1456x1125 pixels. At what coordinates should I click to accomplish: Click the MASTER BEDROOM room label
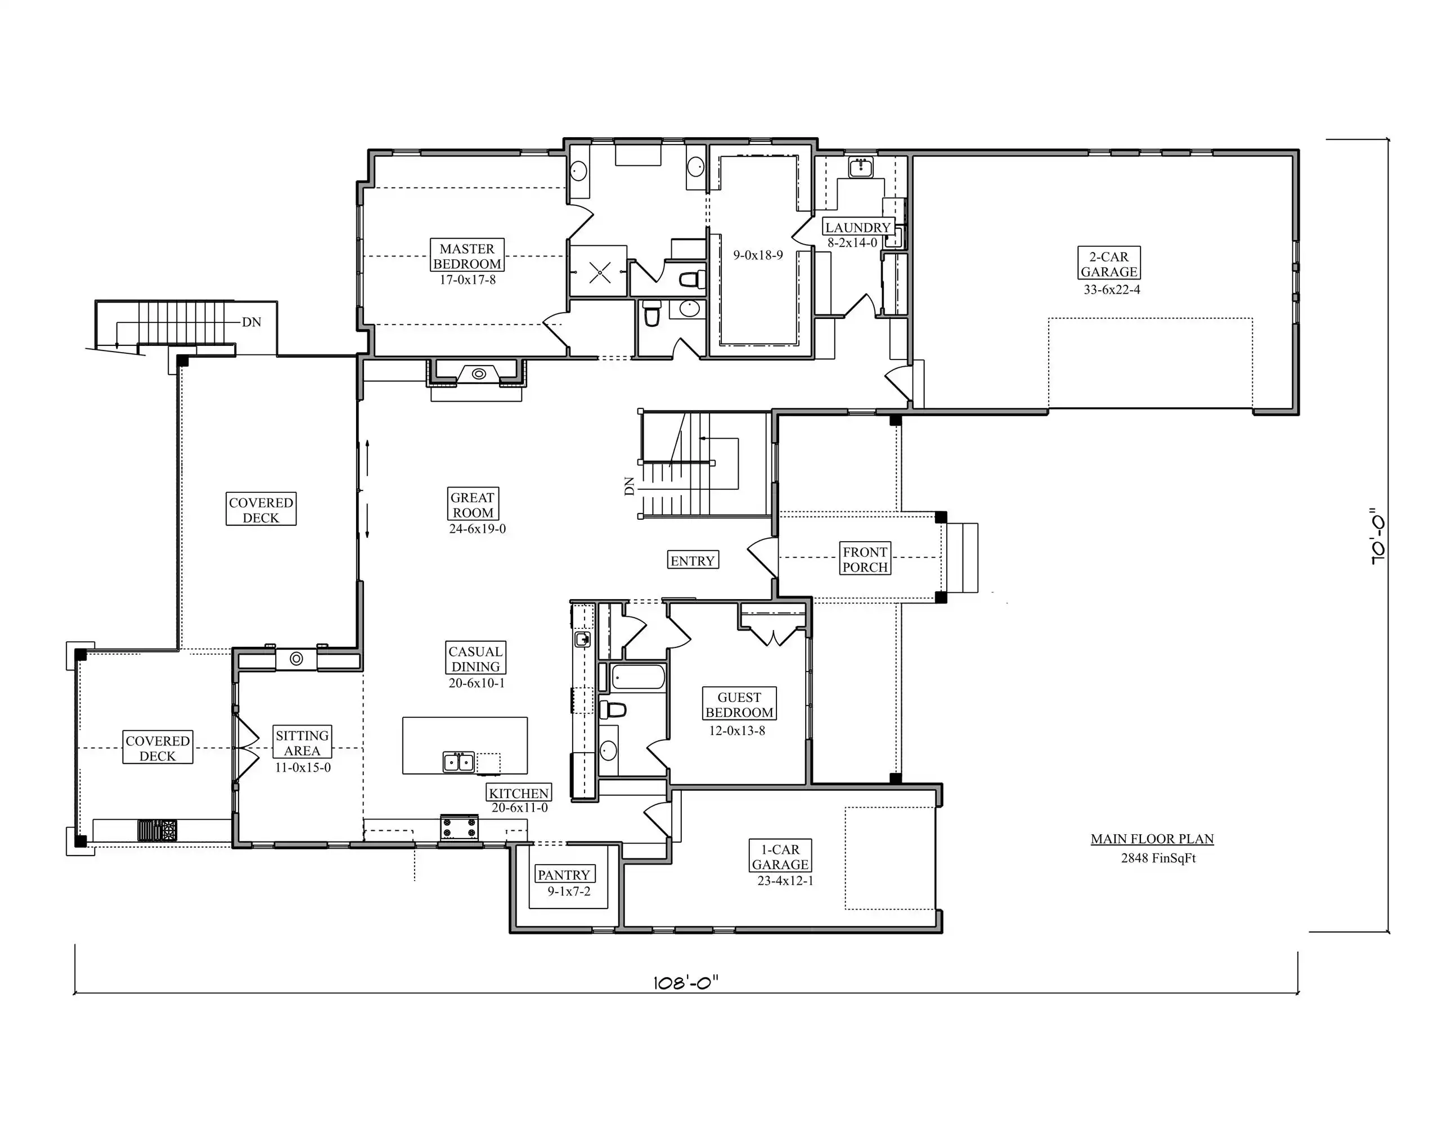tap(466, 256)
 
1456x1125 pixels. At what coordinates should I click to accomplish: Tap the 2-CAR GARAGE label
tap(1109, 264)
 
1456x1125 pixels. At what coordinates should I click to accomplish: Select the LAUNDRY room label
tap(857, 227)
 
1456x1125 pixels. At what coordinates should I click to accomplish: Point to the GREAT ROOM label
tap(473, 505)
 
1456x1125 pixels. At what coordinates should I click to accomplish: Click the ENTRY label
tap(693, 560)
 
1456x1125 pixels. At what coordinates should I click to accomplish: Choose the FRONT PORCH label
tap(865, 559)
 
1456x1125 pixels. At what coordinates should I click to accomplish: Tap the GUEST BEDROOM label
tap(739, 704)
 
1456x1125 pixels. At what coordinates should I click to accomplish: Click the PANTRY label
tap(564, 875)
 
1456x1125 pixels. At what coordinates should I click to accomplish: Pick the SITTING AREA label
tap(302, 742)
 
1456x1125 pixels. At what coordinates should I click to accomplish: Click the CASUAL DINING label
tap(475, 659)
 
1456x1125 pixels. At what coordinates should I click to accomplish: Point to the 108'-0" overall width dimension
tap(686, 982)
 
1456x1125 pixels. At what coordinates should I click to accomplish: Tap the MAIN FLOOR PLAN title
tap(1152, 839)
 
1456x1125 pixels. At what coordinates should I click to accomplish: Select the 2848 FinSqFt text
tap(1158, 858)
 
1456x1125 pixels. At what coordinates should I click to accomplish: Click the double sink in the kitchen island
tap(459, 762)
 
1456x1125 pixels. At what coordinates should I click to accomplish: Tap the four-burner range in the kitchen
tap(459, 829)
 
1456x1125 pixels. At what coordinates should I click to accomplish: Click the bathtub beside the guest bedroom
tap(639, 677)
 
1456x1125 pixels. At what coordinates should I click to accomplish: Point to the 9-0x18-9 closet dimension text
tap(758, 255)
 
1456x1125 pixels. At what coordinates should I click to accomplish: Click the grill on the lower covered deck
tap(158, 830)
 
